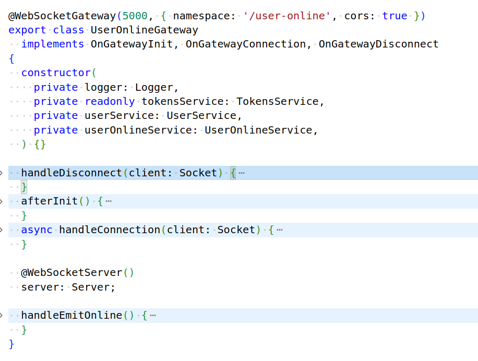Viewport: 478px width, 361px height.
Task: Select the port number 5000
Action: click(x=135, y=16)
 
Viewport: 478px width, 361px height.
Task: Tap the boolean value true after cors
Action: click(x=395, y=16)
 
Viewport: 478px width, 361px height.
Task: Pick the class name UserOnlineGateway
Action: click(x=144, y=30)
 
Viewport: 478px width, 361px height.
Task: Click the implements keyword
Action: click(x=53, y=44)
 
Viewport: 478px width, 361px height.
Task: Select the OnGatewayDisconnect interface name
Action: click(x=378, y=44)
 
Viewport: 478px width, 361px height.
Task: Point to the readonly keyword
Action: click(x=110, y=102)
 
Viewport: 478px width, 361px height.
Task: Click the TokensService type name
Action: click(x=277, y=102)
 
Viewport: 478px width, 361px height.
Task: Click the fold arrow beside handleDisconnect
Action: click(x=2, y=173)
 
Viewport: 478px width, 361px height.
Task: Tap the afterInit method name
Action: click(x=49, y=201)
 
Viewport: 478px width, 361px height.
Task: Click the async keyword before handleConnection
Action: click(x=37, y=230)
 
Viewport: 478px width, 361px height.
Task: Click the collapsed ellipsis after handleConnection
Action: click(x=280, y=230)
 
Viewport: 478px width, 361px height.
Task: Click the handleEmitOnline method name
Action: click(x=71, y=316)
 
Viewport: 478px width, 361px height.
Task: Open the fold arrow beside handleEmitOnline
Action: click(x=2, y=316)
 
